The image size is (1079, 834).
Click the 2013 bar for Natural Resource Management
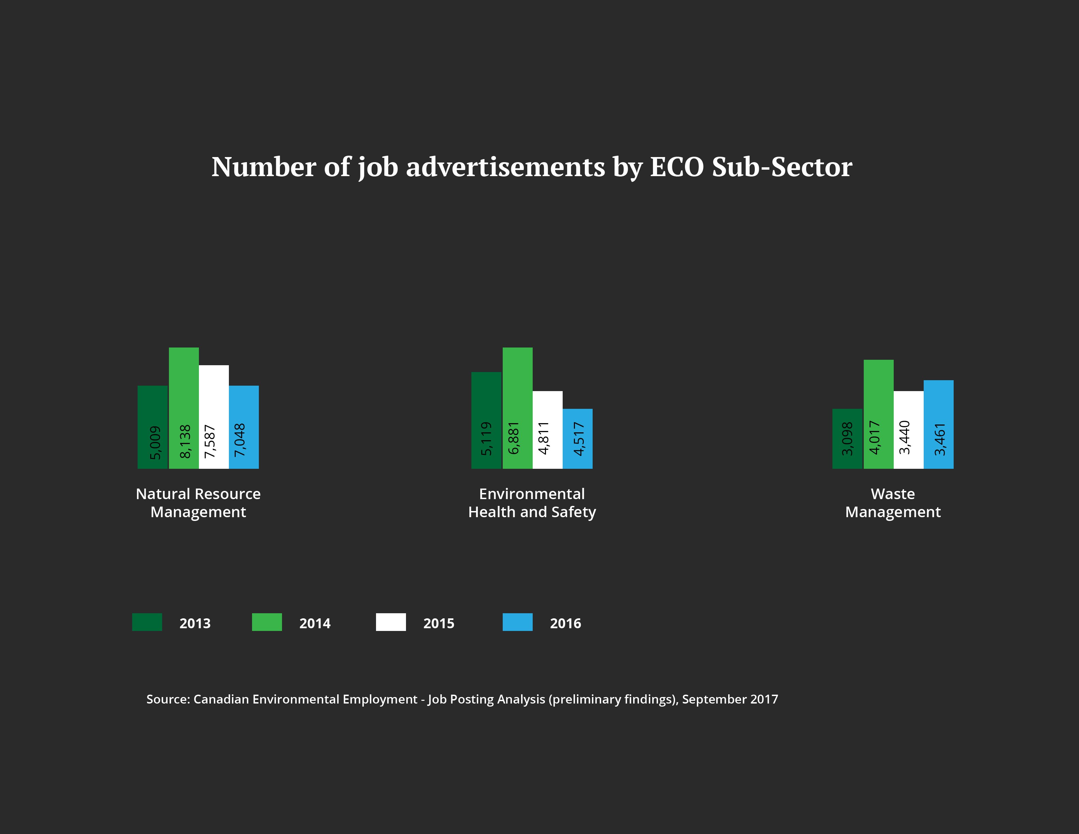click(x=153, y=427)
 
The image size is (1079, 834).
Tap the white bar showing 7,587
click(x=214, y=417)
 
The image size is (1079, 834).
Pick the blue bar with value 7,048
click(x=244, y=427)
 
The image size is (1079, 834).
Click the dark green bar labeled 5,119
click(x=486, y=420)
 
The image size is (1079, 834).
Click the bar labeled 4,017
click(x=878, y=414)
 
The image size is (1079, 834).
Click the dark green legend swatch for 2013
click(x=147, y=622)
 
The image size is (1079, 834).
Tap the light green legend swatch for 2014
click(x=267, y=622)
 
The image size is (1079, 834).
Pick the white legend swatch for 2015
click(x=391, y=622)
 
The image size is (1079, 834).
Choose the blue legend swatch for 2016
click(x=517, y=622)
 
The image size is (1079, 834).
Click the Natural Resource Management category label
click(x=198, y=503)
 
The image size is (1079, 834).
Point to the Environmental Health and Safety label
click(x=532, y=503)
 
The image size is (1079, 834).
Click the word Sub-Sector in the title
click(x=782, y=167)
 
